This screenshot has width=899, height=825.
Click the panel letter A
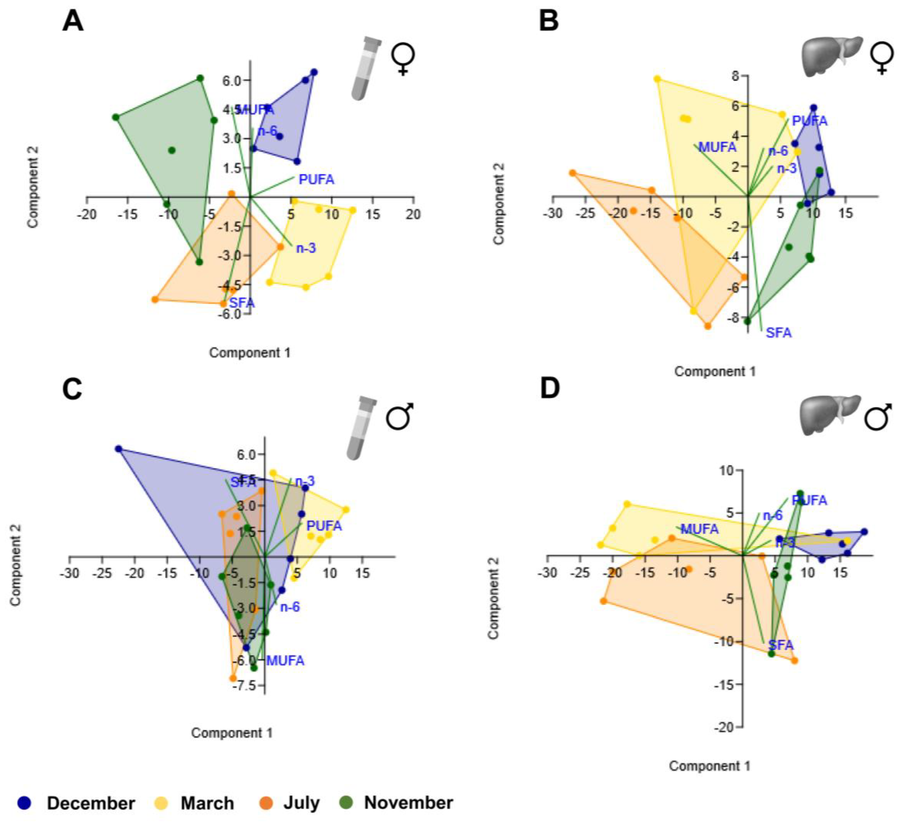[x=73, y=21]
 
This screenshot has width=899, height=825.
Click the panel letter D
[x=550, y=388]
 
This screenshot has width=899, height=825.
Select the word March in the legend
[x=207, y=803]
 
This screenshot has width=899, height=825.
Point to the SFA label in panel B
[x=779, y=333]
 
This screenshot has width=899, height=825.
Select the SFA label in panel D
[x=781, y=645]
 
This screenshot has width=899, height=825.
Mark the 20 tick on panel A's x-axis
[x=413, y=215]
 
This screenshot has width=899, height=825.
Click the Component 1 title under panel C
[x=232, y=733]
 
